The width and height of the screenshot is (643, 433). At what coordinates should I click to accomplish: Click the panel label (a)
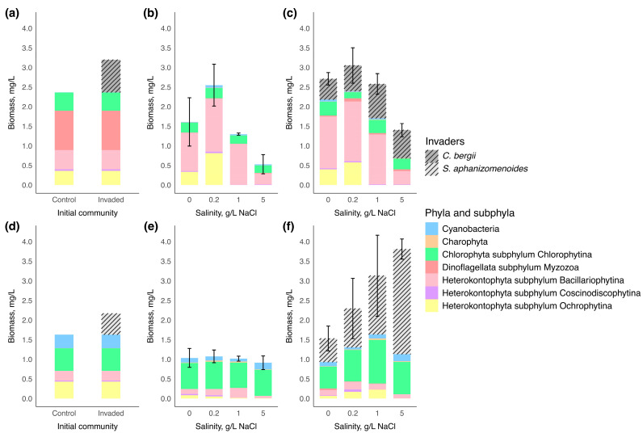[x=11, y=13]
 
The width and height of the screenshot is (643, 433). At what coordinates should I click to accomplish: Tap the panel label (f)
[x=289, y=227]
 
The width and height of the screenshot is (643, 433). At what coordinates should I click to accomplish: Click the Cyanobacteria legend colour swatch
[x=432, y=229]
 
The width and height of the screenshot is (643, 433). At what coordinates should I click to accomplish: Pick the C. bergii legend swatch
[x=432, y=156]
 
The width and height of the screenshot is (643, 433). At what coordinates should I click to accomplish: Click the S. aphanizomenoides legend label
[x=485, y=169]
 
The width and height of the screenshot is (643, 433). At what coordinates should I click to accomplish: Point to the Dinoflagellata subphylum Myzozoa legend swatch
[x=432, y=267]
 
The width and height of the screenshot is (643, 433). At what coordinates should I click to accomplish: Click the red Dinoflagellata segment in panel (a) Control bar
[x=64, y=130]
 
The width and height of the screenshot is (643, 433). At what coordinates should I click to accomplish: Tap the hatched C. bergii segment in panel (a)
[x=111, y=76]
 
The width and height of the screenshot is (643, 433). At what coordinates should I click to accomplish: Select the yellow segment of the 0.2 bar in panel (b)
[x=214, y=169]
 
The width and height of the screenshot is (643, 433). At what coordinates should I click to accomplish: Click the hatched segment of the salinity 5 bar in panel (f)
[x=402, y=301]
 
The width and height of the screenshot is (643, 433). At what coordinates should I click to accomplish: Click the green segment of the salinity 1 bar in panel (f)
[x=377, y=362]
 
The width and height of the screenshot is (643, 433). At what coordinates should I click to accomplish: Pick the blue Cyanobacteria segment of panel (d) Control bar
[x=64, y=342]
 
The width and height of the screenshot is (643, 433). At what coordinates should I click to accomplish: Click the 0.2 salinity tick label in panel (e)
[x=214, y=414]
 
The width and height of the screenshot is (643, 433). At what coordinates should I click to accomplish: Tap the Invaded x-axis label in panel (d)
[x=111, y=414]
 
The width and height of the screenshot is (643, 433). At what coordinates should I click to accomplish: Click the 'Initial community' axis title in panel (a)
[x=87, y=212]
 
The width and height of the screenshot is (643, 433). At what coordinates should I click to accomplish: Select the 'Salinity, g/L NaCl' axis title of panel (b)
[x=226, y=212]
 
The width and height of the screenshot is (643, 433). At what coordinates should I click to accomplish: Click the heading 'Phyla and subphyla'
[x=469, y=213]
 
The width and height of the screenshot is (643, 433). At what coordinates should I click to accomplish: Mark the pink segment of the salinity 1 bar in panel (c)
[x=377, y=159]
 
